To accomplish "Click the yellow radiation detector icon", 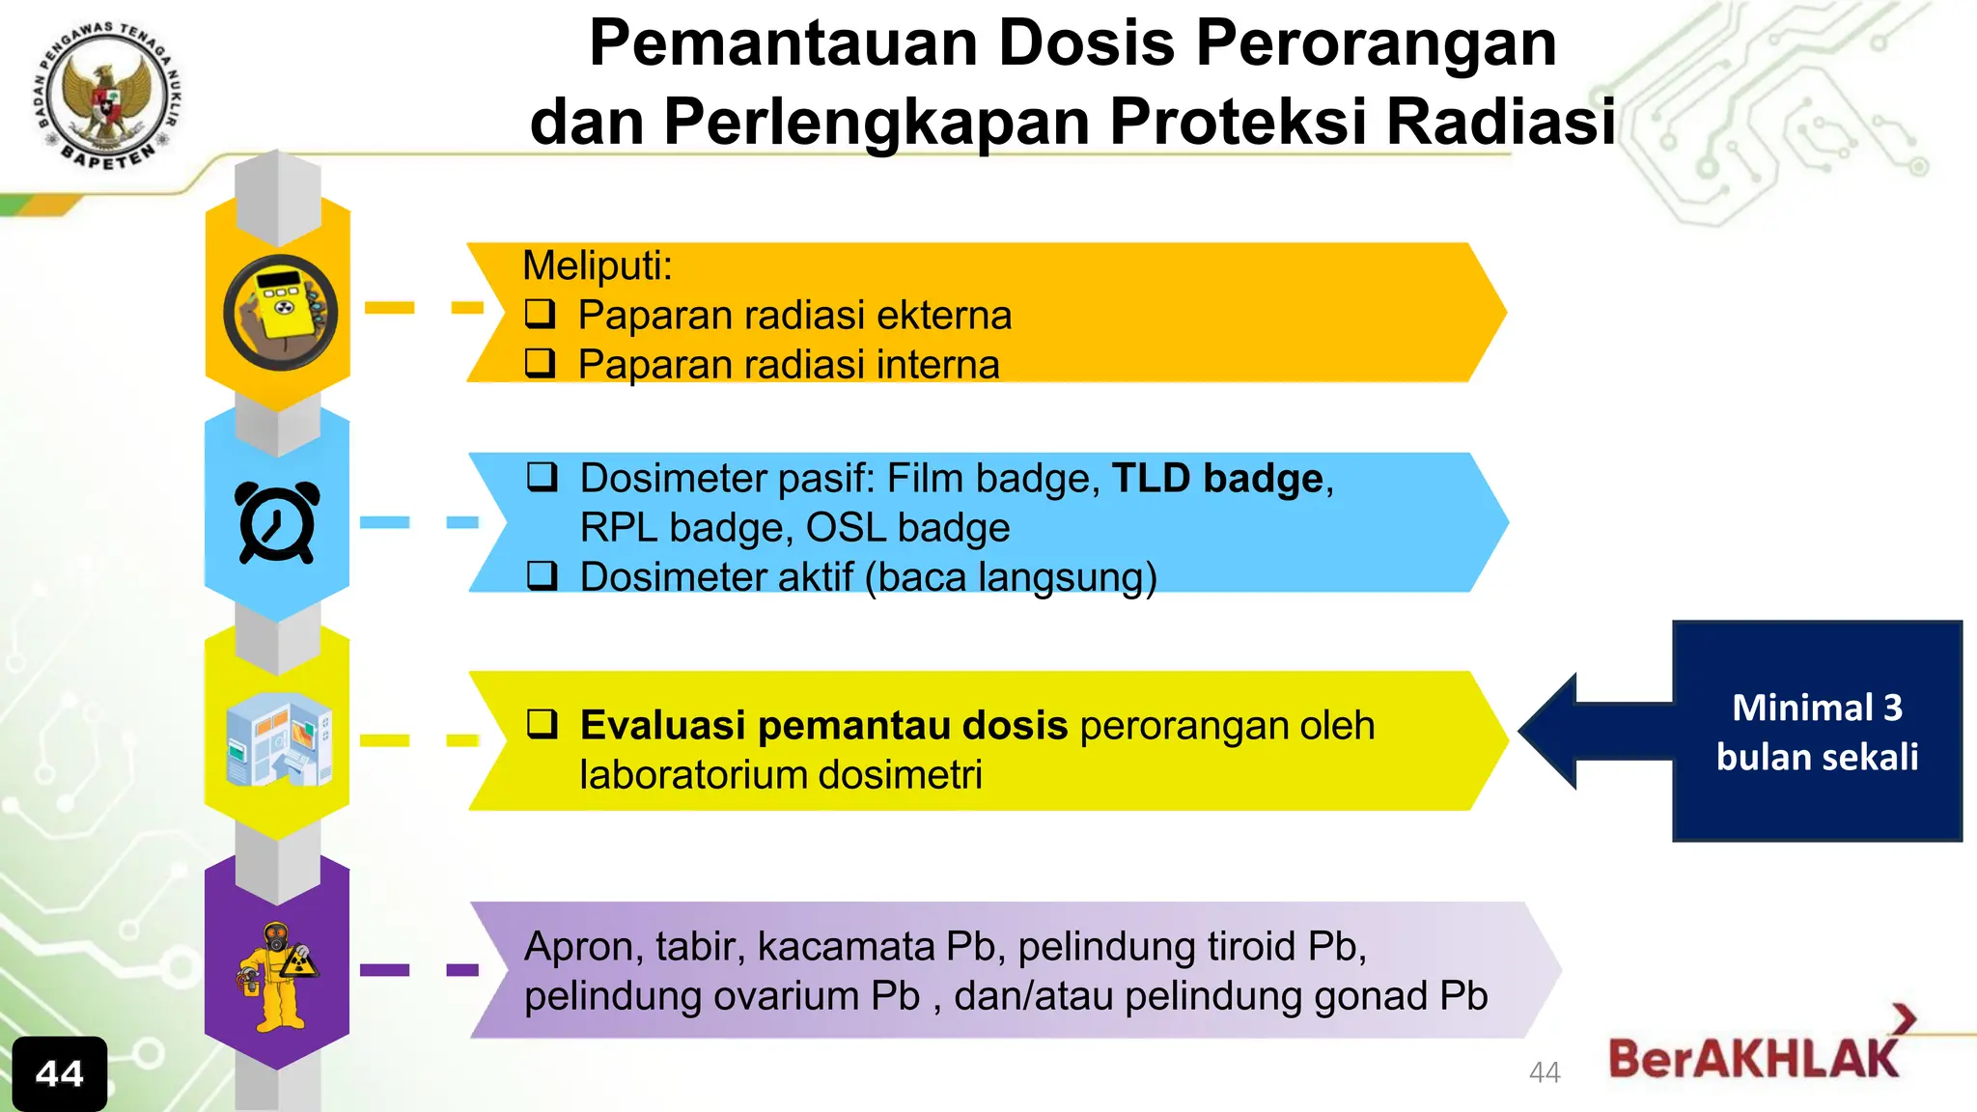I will click(x=280, y=312).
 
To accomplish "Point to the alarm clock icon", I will click(x=277, y=522).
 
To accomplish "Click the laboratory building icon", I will click(x=278, y=739).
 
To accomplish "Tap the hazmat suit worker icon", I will click(x=277, y=974).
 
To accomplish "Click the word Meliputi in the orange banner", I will click(x=597, y=265).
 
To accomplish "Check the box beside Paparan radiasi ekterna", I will click(x=540, y=313).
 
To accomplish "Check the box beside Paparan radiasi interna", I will click(x=540, y=362).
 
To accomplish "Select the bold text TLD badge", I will click(x=1217, y=479).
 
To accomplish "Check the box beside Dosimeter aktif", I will click(x=542, y=575).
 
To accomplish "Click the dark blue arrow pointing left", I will click(x=1593, y=731).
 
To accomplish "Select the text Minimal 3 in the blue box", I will click(x=1817, y=708).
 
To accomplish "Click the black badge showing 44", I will click(x=60, y=1073).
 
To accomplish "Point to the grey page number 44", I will click(x=1545, y=1072).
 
